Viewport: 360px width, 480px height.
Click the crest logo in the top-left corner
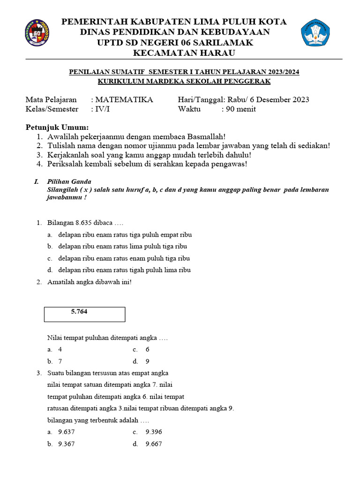37,33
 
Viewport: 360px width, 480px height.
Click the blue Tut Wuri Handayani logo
315,32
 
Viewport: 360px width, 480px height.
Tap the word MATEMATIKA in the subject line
123,100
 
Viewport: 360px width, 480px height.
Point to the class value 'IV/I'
103,109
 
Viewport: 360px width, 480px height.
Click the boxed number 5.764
79,311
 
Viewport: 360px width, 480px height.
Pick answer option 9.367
67,444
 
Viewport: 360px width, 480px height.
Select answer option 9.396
154,432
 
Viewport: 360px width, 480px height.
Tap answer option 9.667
154,444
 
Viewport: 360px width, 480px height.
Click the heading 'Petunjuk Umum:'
57,127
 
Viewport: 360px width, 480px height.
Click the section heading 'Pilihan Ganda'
69,181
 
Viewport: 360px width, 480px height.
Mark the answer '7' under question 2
60,361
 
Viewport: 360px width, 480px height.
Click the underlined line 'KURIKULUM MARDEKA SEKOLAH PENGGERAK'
184,81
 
